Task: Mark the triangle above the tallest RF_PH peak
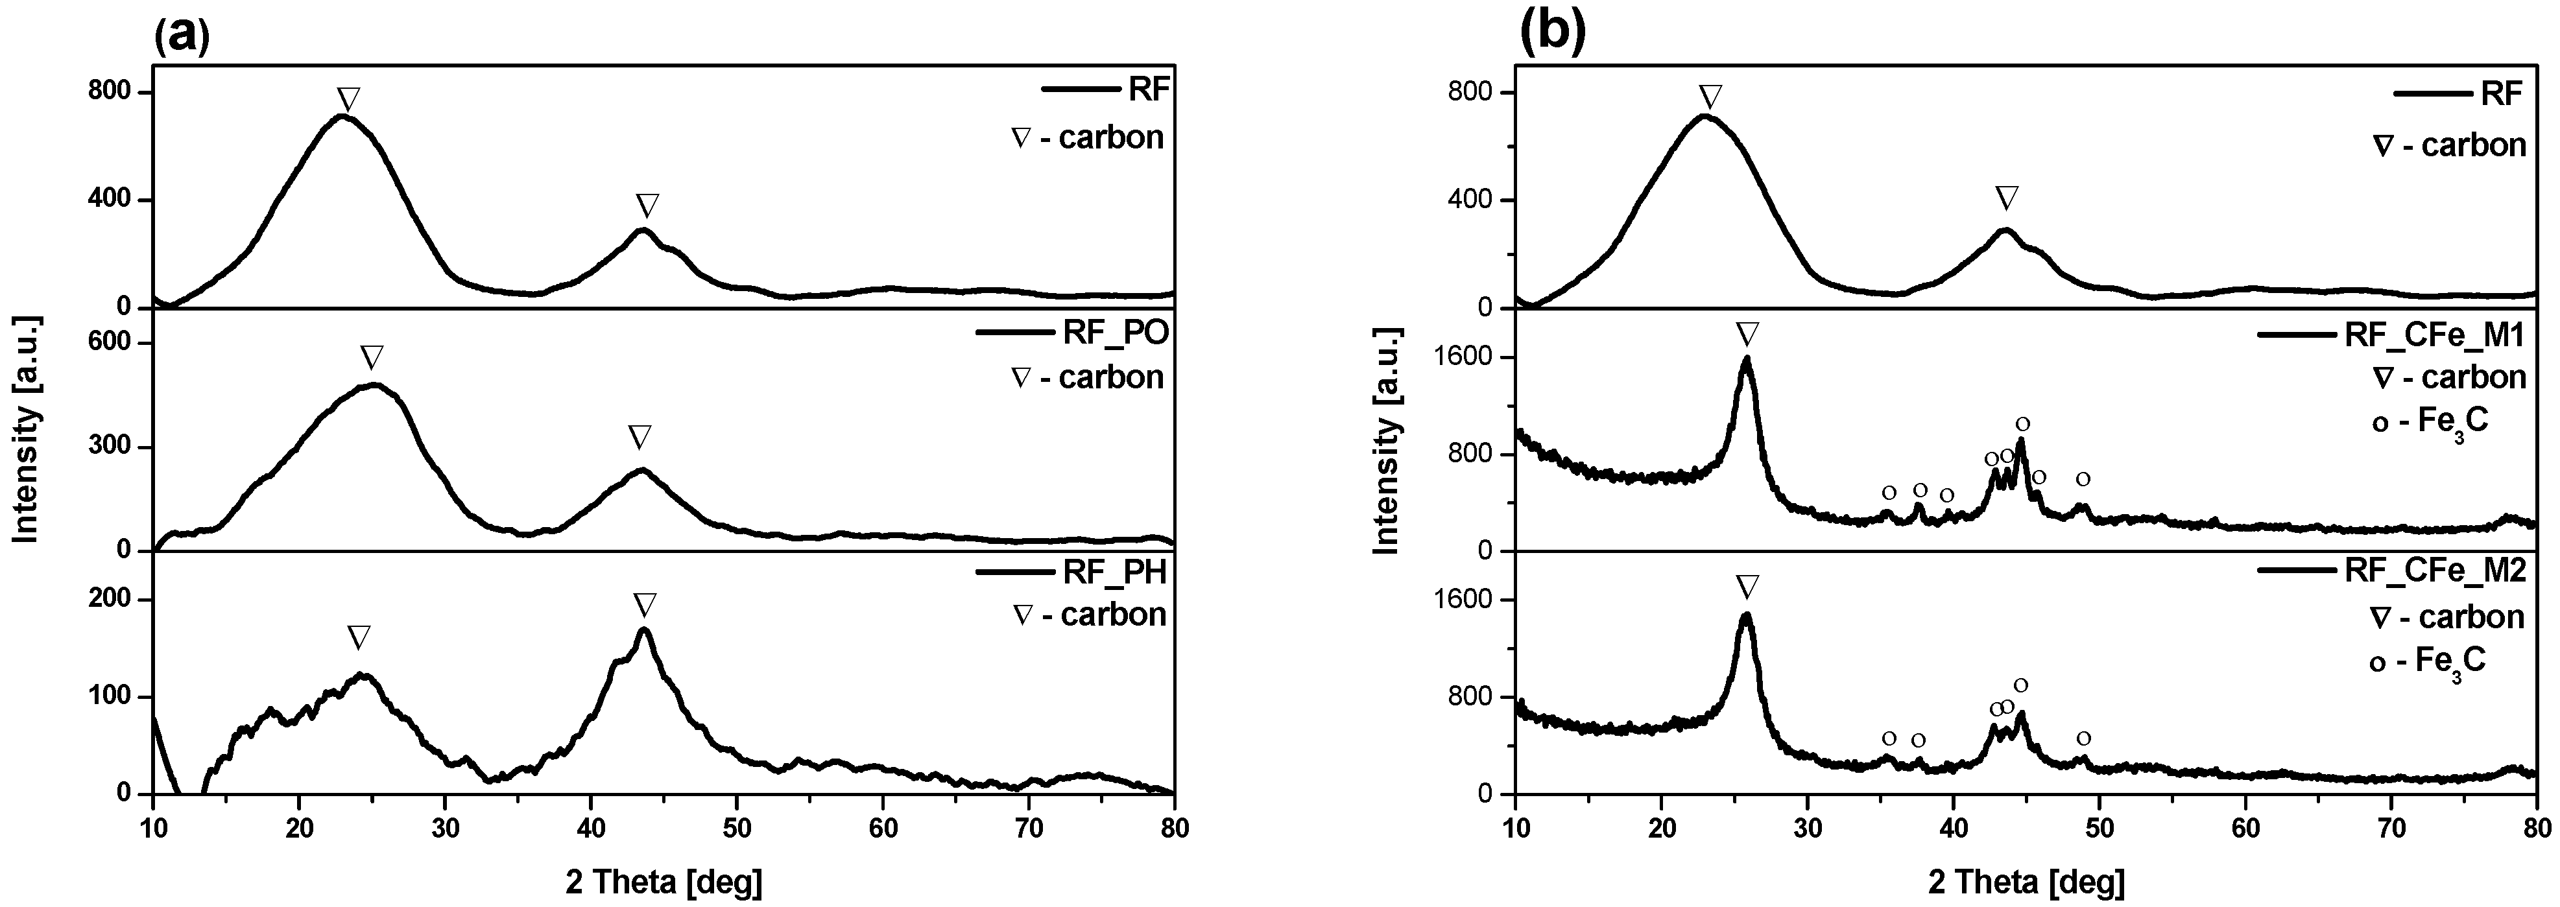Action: click(x=644, y=605)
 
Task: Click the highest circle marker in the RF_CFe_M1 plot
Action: click(x=2022, y=424)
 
